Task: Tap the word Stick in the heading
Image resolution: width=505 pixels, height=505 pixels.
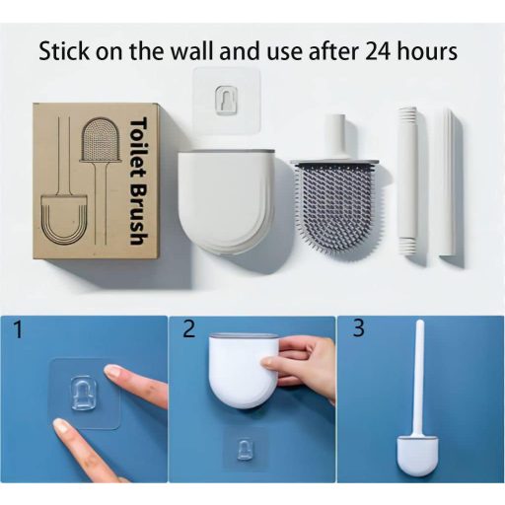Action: (66, 51)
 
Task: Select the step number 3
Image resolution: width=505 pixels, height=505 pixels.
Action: (358, 330)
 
